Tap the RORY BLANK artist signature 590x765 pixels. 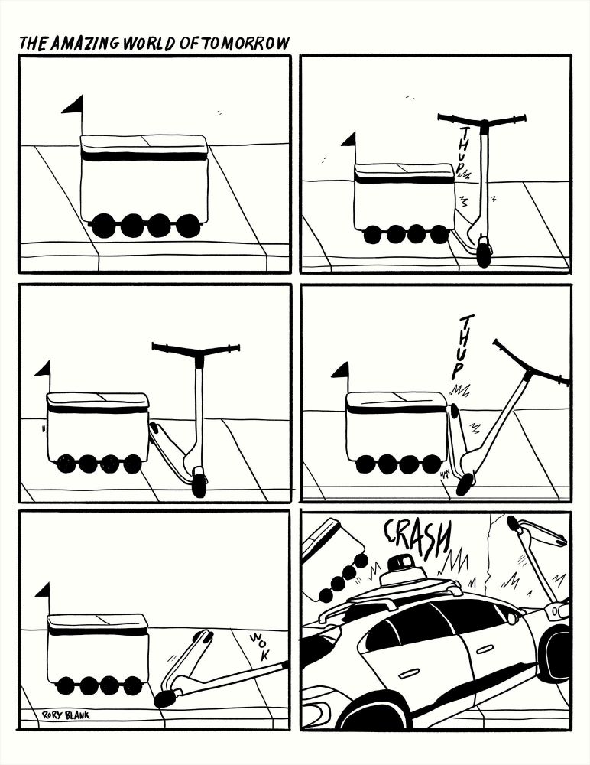tap(66, 715)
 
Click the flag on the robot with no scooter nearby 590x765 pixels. tap(73, 107)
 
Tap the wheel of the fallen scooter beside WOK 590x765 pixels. tap(163, 698)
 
